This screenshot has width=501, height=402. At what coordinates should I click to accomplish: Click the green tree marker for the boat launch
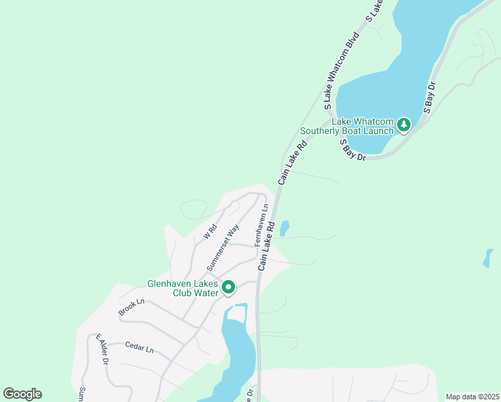tap(403, 124)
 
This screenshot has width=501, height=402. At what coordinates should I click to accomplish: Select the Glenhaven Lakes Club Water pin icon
tap(228, 287)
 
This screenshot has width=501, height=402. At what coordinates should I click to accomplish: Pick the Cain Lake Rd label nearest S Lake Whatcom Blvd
tap(293, 161)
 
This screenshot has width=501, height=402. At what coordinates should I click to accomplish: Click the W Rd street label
tap(210, 232)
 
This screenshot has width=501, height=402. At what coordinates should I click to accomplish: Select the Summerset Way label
tap(224, 247)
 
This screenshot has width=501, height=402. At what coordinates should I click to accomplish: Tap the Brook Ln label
tap(131, 308)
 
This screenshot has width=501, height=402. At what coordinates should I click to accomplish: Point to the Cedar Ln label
tap(139, 348)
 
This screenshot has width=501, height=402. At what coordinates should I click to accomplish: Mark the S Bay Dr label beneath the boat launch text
tap(352, 150)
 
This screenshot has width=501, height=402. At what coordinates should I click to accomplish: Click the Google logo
tap(22, 394)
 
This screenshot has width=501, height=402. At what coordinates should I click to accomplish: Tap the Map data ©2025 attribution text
tap(472, 397)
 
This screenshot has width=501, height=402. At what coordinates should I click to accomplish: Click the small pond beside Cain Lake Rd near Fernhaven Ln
tap(284, 228)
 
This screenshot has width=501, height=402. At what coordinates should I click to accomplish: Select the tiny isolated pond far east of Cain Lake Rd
tap(488, 258)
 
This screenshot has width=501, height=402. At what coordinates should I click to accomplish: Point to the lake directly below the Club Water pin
tap(236, 348)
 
